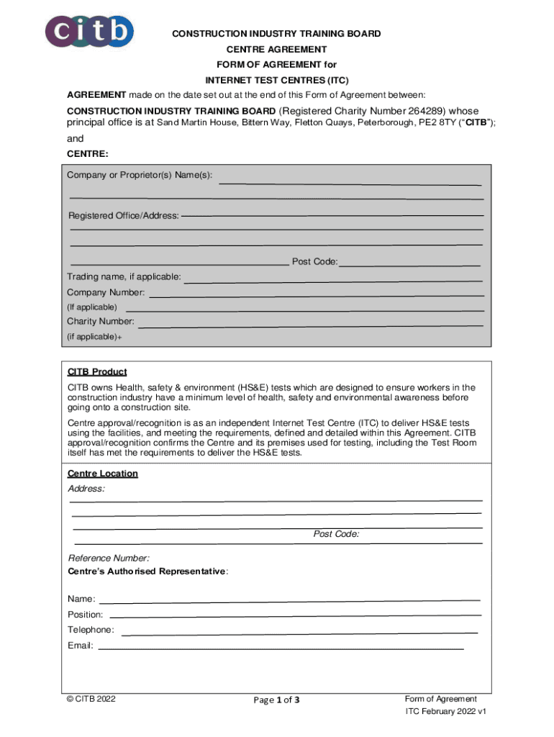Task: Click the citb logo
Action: [90, 32]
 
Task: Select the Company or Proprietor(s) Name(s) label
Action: [140, 176]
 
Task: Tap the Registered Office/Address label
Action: [124, 216]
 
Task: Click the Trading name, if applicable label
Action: [124, 277]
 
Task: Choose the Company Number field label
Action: [106, 292]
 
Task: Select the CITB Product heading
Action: [97, 372]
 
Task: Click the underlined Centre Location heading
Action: [103, 474]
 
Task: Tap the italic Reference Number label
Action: [109, 558]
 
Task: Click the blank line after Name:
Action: [289, 600]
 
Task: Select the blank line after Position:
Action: [295, 615]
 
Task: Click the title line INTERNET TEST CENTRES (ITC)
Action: [277, 80]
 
